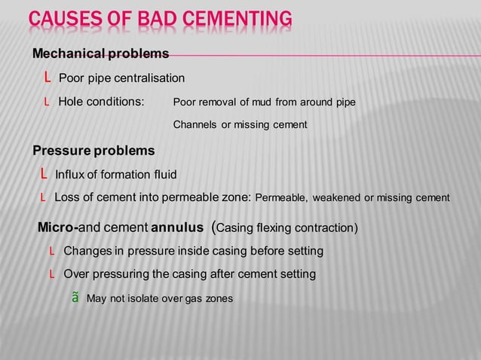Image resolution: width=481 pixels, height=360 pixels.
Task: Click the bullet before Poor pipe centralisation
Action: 47,78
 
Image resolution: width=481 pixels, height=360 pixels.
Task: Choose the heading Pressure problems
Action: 93,151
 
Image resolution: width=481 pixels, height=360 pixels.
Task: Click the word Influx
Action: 70,175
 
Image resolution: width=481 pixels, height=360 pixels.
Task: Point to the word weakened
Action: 337,198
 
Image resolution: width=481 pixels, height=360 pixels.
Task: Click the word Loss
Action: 67,198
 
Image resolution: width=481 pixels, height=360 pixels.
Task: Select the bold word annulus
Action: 177,227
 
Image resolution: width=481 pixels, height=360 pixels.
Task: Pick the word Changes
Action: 86,251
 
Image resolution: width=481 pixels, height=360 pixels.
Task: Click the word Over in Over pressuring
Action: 76,274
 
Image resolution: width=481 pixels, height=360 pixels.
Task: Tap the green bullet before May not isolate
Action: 75,298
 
